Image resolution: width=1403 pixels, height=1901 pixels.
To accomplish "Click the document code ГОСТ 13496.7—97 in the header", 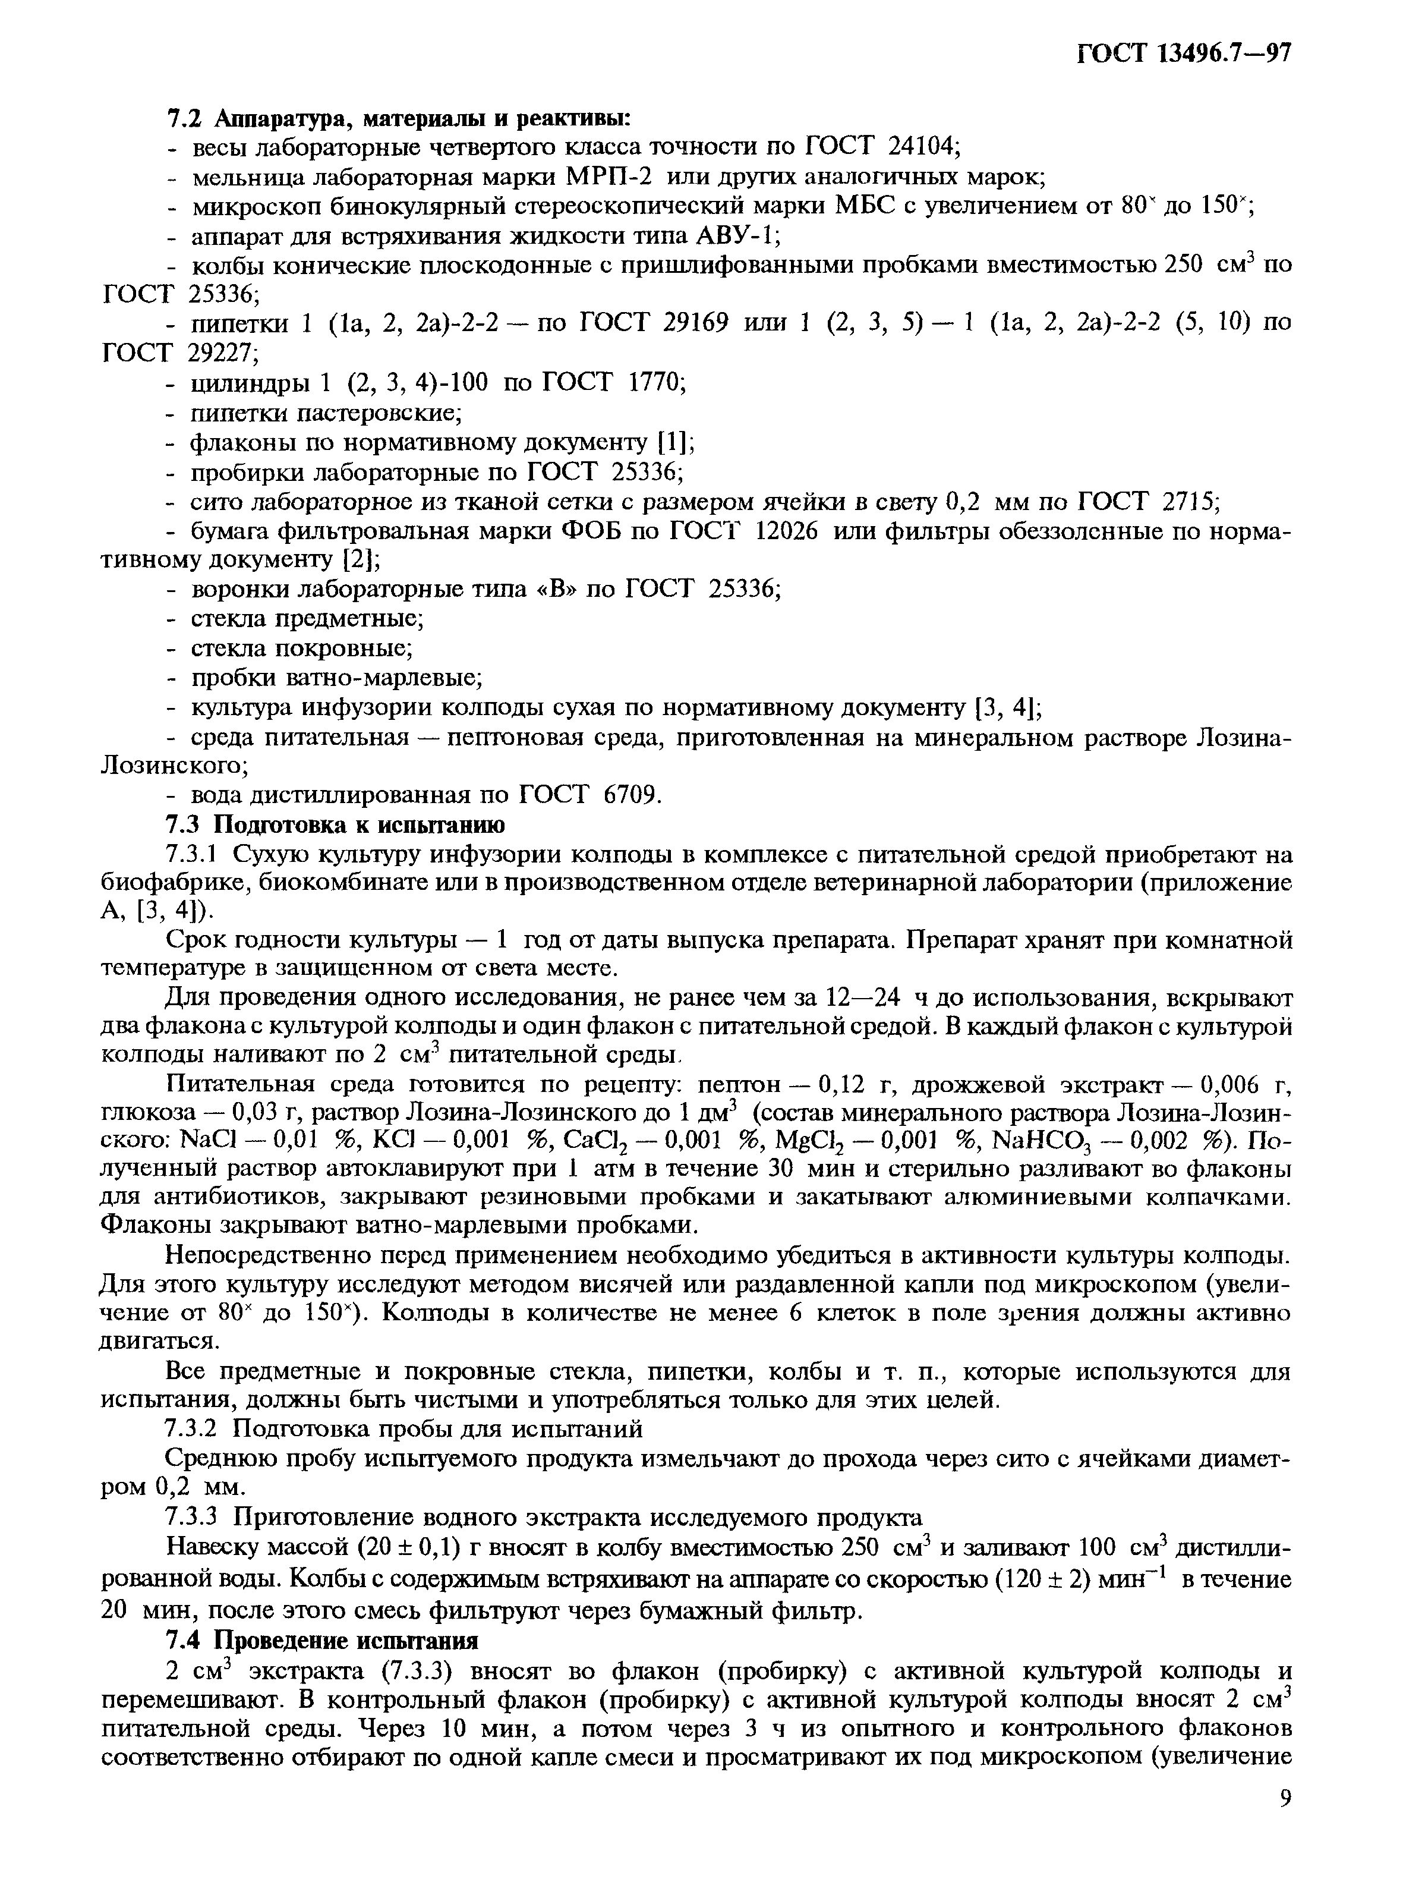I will coord(1184,53).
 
